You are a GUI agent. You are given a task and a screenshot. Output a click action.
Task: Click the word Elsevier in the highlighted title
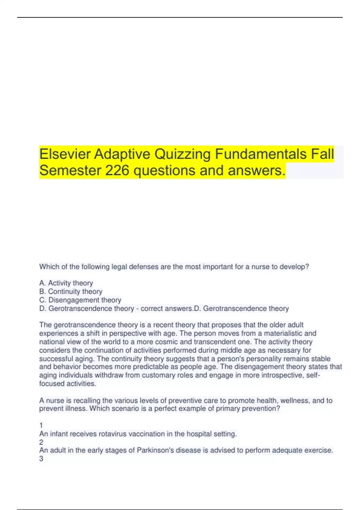(x=64, y=154)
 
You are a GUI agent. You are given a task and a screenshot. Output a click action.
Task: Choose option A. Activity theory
(x=66, y=283)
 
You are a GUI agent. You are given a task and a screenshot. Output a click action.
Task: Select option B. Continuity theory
(x=71, y=291)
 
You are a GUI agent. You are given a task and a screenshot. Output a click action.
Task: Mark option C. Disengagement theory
(x=80, y=300)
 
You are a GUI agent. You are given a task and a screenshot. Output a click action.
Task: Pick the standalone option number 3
(x=41, y=459)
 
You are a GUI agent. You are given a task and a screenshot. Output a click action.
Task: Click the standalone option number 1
(x=41, y=425)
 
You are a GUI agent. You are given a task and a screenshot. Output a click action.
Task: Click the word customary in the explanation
(x=156, y=375)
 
